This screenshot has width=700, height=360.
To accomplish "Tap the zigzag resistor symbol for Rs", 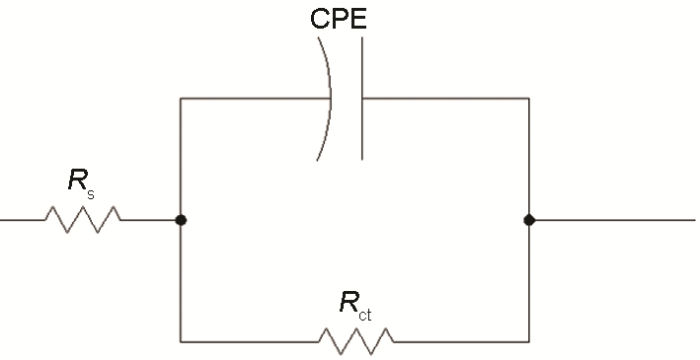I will (82, 219).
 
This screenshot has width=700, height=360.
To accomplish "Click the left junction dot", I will (179, 219).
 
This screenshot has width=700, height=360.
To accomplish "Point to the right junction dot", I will (528, 219).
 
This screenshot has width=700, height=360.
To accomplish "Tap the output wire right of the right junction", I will (610, 219).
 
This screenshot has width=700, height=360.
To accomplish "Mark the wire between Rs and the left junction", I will (150, 219).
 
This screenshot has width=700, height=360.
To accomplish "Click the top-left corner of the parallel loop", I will (179, 98).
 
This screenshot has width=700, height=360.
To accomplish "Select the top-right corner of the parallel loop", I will (528, 98).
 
